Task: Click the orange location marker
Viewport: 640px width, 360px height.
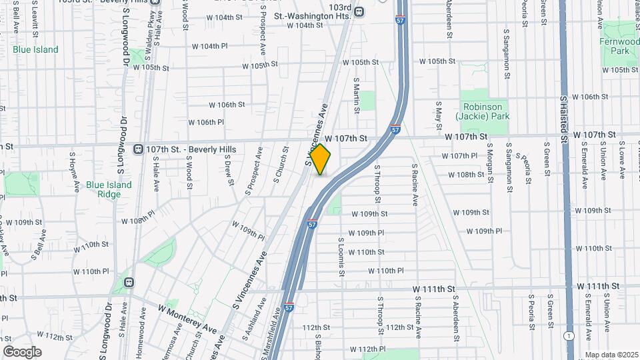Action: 321,159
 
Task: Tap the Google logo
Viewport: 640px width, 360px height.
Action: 22,352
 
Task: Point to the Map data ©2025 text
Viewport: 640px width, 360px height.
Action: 611,355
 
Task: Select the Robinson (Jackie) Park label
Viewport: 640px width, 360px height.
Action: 483,111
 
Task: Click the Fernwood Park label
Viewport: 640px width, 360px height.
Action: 619,45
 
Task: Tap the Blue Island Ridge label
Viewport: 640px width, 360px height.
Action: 109,189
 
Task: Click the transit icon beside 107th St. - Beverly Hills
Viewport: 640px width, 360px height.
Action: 139,149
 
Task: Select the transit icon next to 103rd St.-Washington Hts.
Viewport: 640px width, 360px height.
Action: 359,11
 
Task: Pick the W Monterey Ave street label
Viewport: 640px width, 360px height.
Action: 187,319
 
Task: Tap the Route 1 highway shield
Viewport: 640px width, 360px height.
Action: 567,335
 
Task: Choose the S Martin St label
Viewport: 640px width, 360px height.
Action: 357,93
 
